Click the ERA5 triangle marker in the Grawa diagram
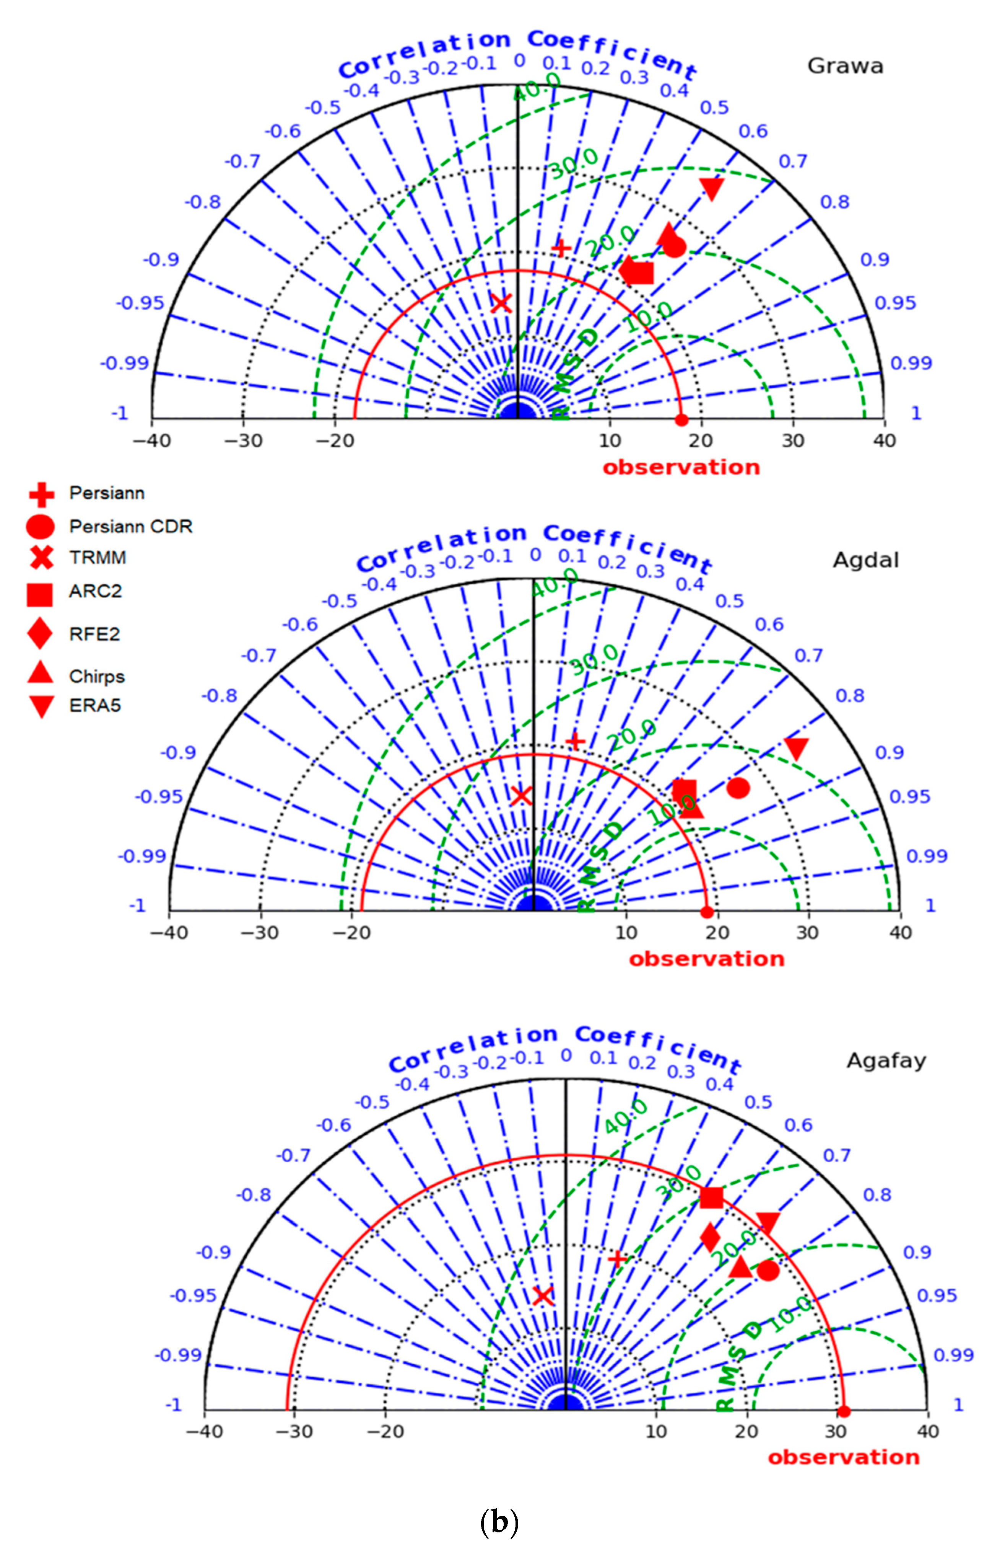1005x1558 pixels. coord(711,188)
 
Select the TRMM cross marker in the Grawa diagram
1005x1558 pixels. coord(501,303)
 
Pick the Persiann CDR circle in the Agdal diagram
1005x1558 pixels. coord(738,788)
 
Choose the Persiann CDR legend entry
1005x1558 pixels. coord(130,526)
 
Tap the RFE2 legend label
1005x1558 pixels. coord(94,634)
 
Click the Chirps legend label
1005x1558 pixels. coord(97,677)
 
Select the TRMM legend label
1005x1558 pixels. coord(97,558)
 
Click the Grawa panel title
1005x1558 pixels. coord(845,66)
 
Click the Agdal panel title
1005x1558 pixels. coord(865,560)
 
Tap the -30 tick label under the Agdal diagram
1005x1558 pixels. coord(260,932)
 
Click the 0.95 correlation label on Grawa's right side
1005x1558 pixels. coord(895,303)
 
